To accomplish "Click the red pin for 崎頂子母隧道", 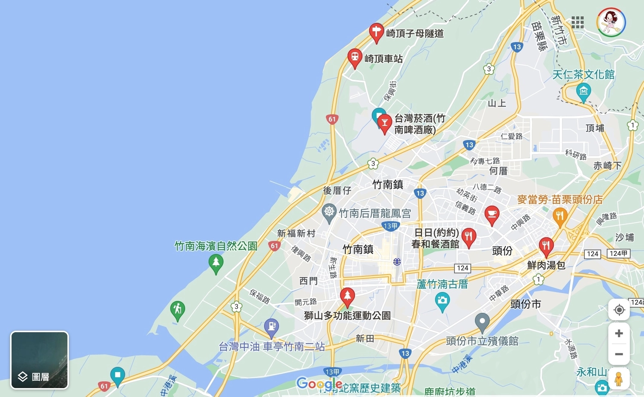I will tap(376, 32).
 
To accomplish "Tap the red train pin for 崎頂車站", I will tap(355, 58).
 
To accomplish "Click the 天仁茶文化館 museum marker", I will tap(583, 91).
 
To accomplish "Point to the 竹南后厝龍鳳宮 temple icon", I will tap(329, 212).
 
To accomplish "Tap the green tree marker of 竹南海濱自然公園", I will tap(216, 263).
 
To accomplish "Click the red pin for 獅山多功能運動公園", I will tap(347, 296).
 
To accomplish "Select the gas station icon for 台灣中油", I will tap(271, 327).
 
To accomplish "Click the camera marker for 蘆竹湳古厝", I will tap(442, 300).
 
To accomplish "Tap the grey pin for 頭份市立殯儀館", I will tap(482, 321).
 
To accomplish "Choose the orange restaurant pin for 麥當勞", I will tap(559, 216).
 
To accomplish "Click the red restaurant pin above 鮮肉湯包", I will tap(546, 246).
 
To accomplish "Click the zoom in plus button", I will tap(619, 333).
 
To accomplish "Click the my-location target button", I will tap(619, 309).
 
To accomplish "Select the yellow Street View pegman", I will tap(618, 379).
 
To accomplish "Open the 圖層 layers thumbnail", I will tap(39, 360).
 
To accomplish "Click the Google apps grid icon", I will tap(577, 22).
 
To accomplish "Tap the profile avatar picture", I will tap(611, 22).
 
